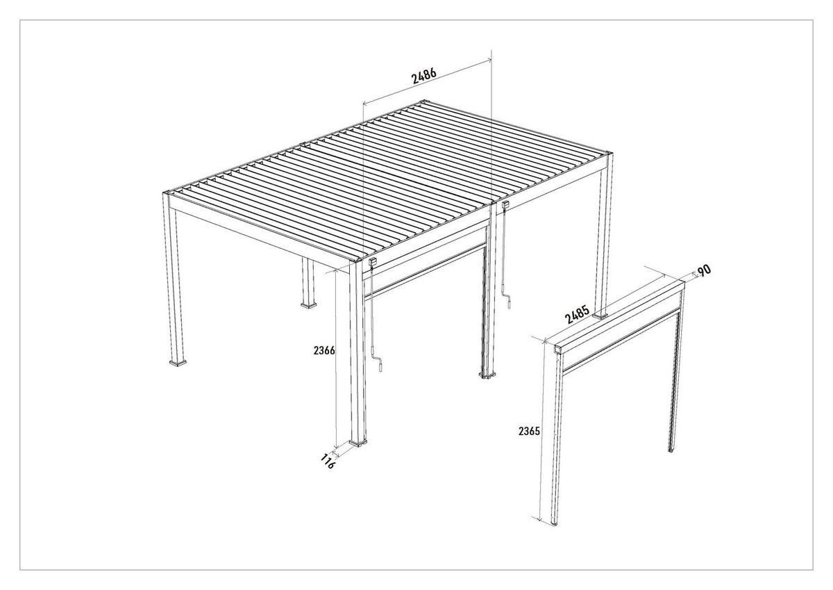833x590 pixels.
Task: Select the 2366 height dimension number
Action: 324,351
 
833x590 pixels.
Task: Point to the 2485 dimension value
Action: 577,314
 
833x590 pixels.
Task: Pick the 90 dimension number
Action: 705,270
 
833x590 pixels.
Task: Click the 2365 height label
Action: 529,431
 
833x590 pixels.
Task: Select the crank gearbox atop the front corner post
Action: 373,262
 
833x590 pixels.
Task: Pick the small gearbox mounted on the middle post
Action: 507,206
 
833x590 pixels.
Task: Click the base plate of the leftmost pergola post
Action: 179,362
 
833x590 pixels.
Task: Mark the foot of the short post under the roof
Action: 308,304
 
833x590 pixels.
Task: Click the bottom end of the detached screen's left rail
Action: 554,523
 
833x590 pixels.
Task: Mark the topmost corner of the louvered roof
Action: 421,104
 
